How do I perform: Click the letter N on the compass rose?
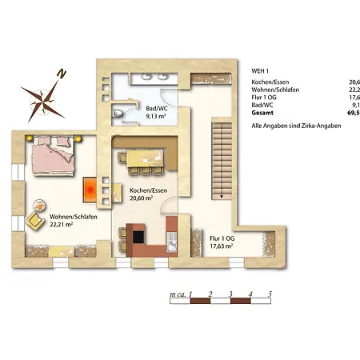click(62, 74)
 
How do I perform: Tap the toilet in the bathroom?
click(118, 114)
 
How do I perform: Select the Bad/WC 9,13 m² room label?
click(157, 112)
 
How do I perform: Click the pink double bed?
click(53, 155)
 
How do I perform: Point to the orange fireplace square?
click(90, 190)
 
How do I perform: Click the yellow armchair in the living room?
click(35, 221)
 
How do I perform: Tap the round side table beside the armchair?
click(39, 205)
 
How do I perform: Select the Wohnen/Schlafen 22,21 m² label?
click(74, 221)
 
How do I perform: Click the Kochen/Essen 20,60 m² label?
click(148, 194)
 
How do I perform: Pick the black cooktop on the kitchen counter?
click(138, 237)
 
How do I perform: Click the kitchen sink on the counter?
click(172, 242)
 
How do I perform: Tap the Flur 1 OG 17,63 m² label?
click(222, 242)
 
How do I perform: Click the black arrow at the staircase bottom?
click(222, 197)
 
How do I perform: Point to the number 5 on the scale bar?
click(270, 294)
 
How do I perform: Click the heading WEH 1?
click(260, 71)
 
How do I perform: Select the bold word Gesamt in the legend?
click(262, 113)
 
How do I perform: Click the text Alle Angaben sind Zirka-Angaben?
click(296, 126)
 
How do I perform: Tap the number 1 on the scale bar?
click(190, 294)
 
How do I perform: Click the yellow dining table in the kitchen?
click(145, 158)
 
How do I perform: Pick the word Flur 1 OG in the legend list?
click(264, 98)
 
